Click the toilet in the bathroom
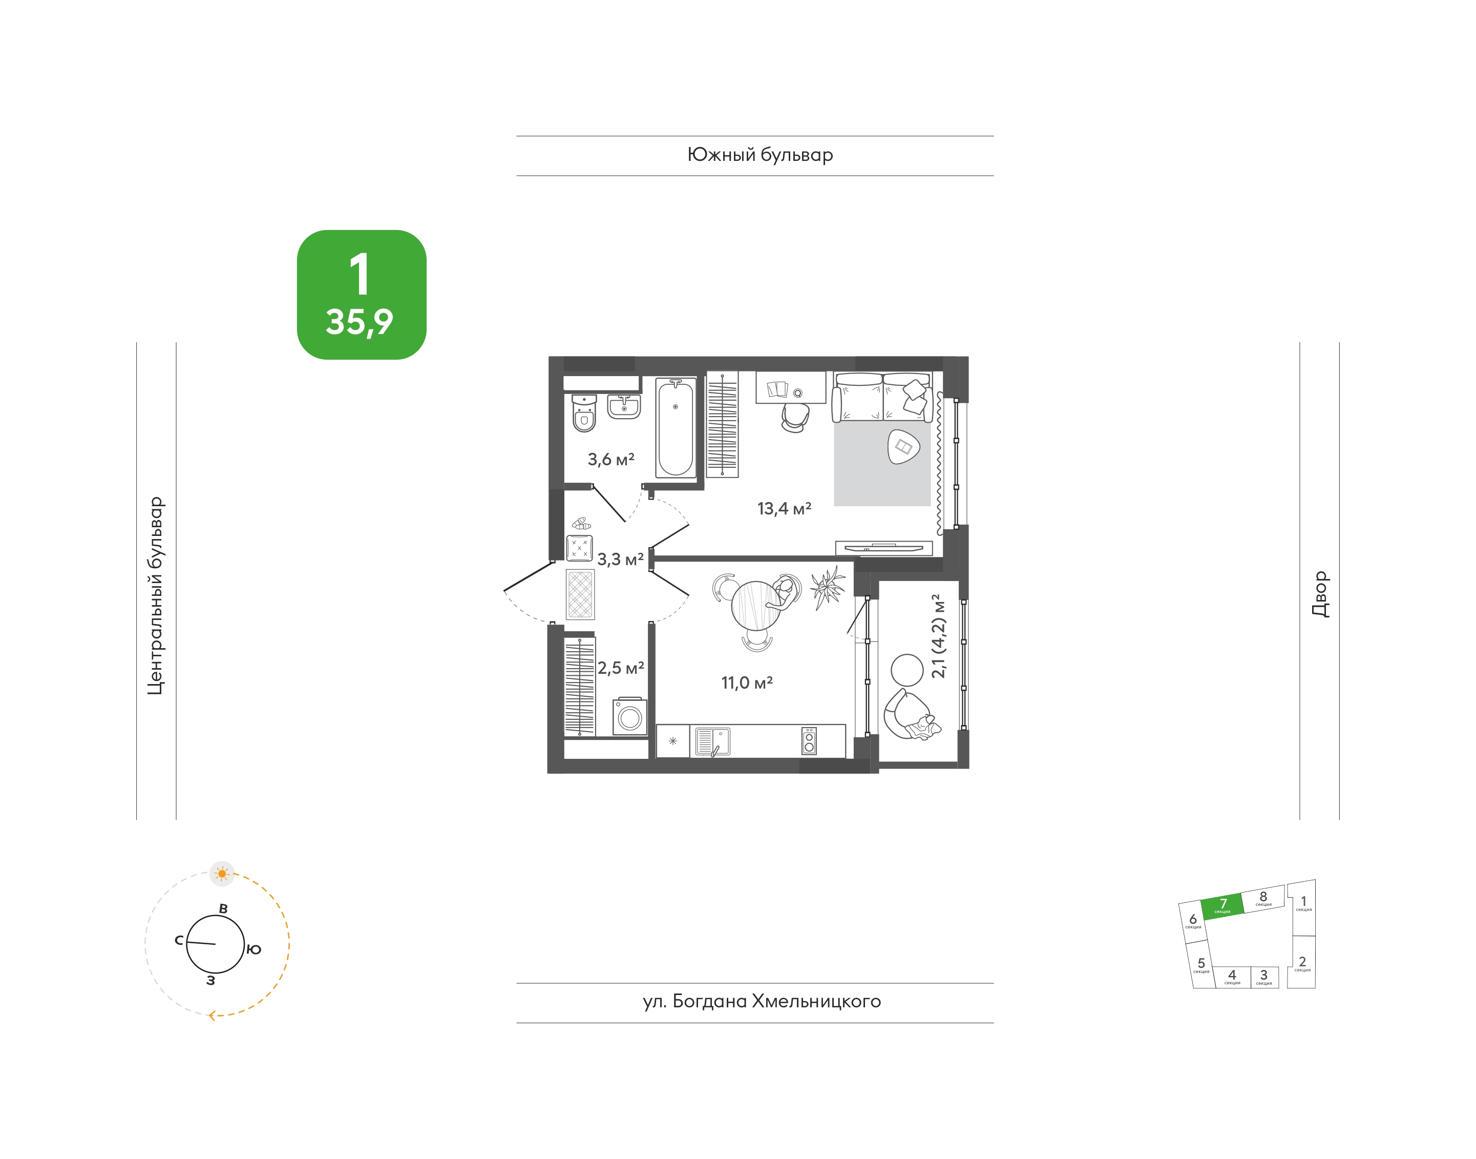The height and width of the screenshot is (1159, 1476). click(x=584, y=413)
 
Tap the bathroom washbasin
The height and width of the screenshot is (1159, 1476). click(x=623, y=406)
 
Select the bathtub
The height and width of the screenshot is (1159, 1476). click(x=676, y=427)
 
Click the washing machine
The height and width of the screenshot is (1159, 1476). click(x=629, y=717)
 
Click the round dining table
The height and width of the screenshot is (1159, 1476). click(x=755, y=605)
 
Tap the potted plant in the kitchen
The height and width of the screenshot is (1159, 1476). click(x=828, y=588)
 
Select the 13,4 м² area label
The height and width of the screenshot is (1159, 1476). click(x=784, y=508)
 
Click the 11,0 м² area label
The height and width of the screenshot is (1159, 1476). click(x=747, y=682)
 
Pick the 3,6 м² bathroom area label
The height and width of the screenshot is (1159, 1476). click(x=611, y=460)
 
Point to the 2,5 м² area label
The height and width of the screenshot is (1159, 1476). click(x=621, y=668)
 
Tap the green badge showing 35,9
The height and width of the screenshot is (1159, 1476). click(x=362, y=295)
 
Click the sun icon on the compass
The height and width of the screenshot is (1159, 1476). click(x=222, y=873)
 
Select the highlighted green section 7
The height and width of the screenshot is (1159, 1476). click(x=1222, y=905)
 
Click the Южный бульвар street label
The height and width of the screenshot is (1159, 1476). click(x=761, y=155)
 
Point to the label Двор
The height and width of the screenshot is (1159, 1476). click(x=1320, y=594)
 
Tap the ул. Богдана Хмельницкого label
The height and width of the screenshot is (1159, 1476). click(x=762, y=1002)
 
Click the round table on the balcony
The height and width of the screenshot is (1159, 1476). click(x=907, y=670)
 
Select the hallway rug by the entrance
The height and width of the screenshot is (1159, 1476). click(x=580, y=594)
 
